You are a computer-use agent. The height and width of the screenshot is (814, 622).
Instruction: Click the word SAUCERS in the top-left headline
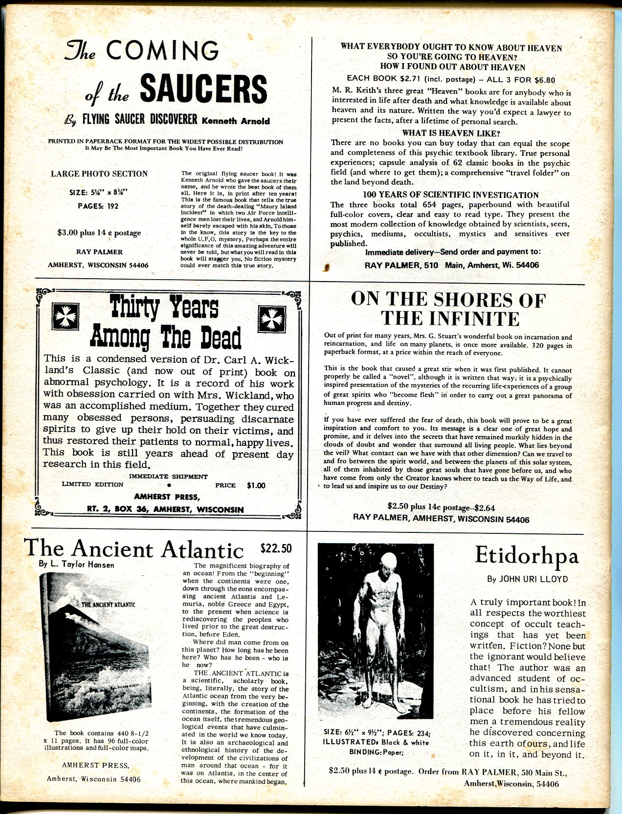point(203,89)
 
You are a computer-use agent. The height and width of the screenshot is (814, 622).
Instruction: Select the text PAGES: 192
point(98,206)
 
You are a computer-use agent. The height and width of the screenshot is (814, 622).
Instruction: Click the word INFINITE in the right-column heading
point(450,319)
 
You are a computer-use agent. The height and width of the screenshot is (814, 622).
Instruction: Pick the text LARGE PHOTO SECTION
point(99,174)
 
